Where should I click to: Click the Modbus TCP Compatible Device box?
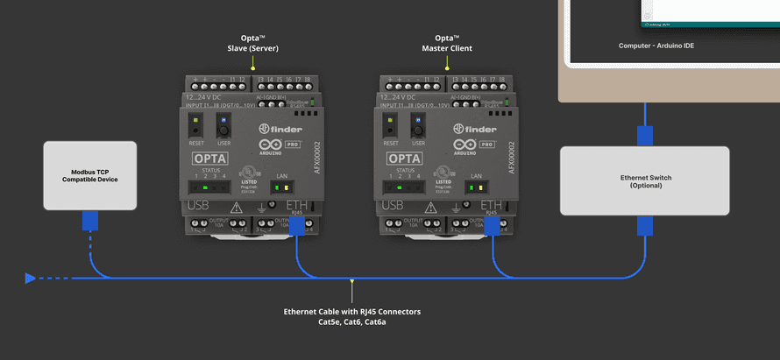click(x=89, y=175)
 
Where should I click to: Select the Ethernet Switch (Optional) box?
click(x=645, y=181)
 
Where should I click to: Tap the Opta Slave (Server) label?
click(x=252, y=43)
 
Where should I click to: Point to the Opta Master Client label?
click(x=447, y=43)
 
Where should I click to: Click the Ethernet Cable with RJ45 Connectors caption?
click(x=352, y=316)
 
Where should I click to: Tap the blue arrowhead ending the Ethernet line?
click(x=32, y=279)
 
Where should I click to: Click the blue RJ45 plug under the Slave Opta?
click(x=297, y=226)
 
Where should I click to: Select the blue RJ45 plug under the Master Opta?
click(x=492, y=226)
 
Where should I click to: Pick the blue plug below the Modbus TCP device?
click(x=89, y=220)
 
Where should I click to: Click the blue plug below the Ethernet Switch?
click(x=645, y=226)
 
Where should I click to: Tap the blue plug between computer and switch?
click(x=645, y=136)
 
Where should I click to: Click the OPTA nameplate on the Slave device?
click(x=210, y=159)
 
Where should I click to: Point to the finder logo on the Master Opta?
click(x=474, y=130)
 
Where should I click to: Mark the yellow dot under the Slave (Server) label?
click(x=252, y=68)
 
